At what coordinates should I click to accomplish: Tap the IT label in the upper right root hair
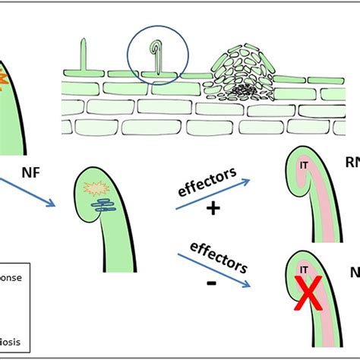coord(302,163)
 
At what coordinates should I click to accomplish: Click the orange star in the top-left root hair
coord(4,77)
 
